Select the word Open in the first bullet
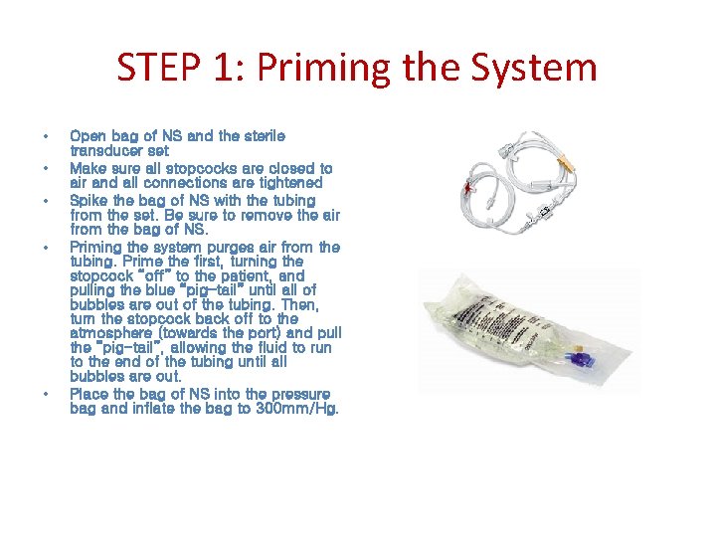[88, 136]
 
